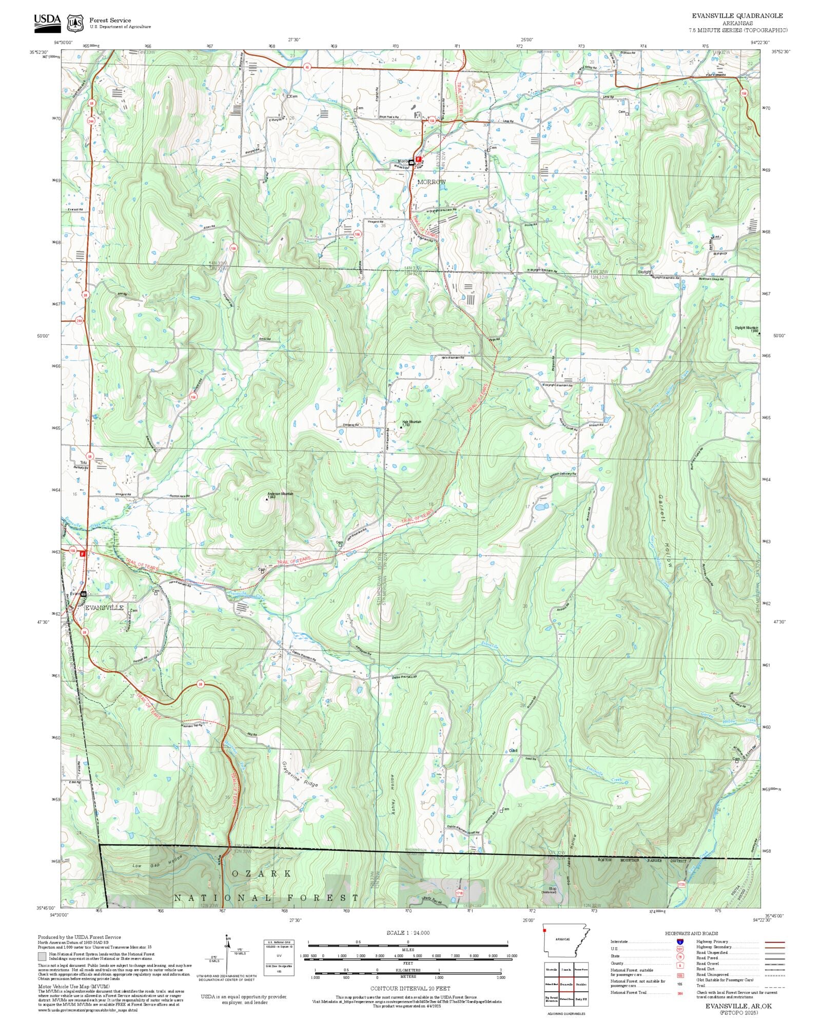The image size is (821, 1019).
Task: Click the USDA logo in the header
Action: pyautogui.click(x=47, y=23)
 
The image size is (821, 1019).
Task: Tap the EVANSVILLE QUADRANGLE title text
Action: pyautogui.click(x=737, y=16)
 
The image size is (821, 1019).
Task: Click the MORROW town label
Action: pyautogui.click(x=431, y=182)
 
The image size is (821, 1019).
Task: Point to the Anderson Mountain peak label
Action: pyautogui.click(x=280, y=495)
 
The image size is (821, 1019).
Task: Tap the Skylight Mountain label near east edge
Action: pyautogui.click(x=746, y=328)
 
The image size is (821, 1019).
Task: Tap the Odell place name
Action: pyautogui.click(x=513, y=751)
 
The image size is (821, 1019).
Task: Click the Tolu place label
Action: pyautogui.click(x=83, y=462)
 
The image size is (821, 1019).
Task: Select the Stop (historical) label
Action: pyautogui.click(x=552, y=890)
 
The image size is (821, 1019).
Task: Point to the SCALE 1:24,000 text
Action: pyautogui.click(x=408, y=932)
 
